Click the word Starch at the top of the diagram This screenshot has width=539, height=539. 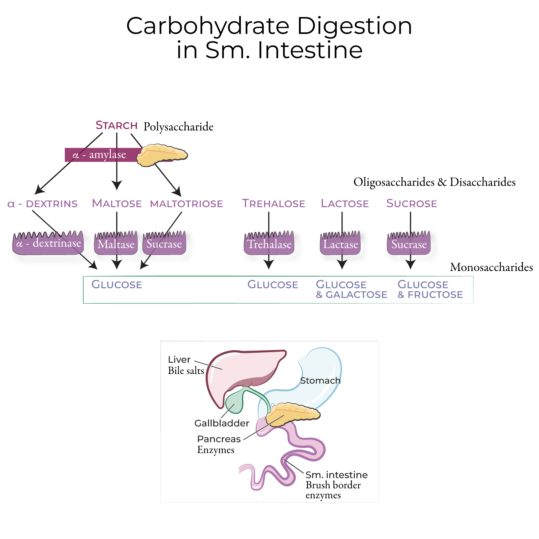click(x=116, y=126)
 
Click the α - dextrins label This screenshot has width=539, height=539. click(x=42, y=204)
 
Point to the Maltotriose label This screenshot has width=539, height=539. click(x=186, y=204)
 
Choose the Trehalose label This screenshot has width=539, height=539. click(x=273, y=204)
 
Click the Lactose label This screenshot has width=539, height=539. click(x=345, y=204)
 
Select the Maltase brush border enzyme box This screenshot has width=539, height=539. click(x=116, y=244)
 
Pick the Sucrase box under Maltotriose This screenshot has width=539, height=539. click(x=164, y=244)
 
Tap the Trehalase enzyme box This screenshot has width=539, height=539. click(x=269, y=244)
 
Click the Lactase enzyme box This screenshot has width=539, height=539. click(x=340, y=244)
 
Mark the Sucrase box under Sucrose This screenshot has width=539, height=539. click(x=409, y=244)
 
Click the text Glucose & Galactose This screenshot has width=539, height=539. click(x=351, y=290)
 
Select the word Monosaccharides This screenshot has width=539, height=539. click(x=491, y=267)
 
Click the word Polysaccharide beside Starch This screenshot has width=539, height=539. click(x=179, y=127)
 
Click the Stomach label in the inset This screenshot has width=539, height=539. click(x=320, y=381)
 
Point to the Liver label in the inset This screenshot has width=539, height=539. click(x=179, y=360)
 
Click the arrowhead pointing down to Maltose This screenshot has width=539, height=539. click(x=117, y=185)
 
